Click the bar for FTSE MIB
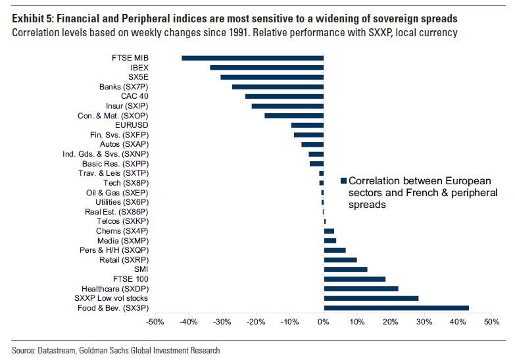pos(253,58)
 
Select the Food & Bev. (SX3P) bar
pos(396,307)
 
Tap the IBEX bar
pos(266,68)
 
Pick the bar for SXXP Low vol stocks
pos(371,298)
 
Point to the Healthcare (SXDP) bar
pos(361,288)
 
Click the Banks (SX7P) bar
pos(278,87)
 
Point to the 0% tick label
pos(323,323)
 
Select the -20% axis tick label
pos(256,323)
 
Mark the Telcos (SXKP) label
pos(118,221)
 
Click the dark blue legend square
pos(343,181)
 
